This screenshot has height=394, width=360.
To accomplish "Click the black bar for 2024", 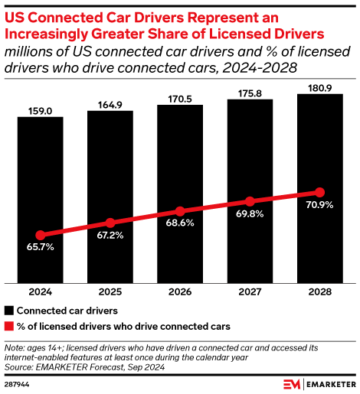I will tap(41, 199).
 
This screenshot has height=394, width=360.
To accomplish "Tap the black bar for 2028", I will tap(319, 187).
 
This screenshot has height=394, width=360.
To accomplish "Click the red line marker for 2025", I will tap(110, 223).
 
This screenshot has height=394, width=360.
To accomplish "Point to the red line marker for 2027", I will tap(250, 201).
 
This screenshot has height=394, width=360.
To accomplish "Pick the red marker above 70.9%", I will tap(319, 192).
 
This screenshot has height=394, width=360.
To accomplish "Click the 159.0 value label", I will tap(41, 110).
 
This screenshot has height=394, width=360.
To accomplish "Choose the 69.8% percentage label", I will tap(250, 215).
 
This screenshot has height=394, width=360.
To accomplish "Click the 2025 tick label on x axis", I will tap(110, 291).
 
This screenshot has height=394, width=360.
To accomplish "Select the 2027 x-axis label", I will tap(250, 291).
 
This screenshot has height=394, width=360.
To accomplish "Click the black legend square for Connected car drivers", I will tap(9, 311).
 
